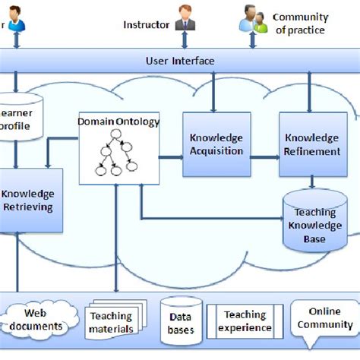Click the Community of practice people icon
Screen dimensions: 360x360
[254, 20]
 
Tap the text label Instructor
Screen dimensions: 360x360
[146, 24]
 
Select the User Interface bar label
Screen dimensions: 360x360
[179, 60]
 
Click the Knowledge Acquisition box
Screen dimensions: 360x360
[216, 144]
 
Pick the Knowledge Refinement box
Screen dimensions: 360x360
[311, 144]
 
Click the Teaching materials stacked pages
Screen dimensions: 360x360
[112, 321]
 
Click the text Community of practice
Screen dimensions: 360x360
[300, 24]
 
